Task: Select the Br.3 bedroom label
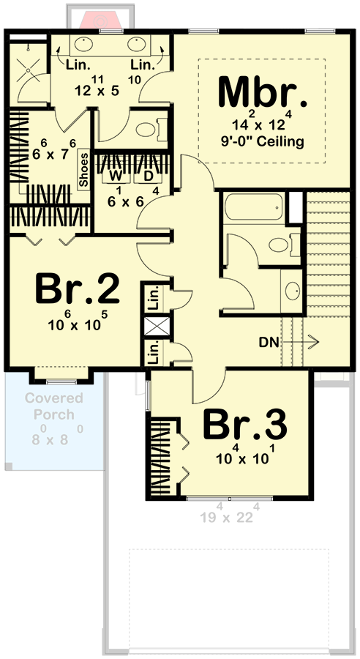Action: [x=244, y=425]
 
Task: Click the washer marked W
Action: [x=116, y=176]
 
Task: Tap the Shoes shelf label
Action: [x=84, y=170]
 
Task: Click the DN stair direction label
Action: [x=269, y=340]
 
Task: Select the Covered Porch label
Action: [x=53, y=406]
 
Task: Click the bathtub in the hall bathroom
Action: [x=252, y=209]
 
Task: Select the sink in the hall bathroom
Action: [x=291, y=291]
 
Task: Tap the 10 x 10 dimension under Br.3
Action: [x=244, y=459]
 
